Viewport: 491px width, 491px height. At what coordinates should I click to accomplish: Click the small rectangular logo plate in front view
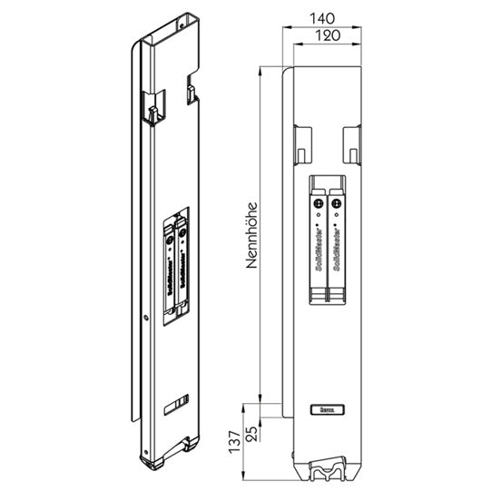[326, 409]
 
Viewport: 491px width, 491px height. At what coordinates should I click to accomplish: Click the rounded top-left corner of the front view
[288, 73]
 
